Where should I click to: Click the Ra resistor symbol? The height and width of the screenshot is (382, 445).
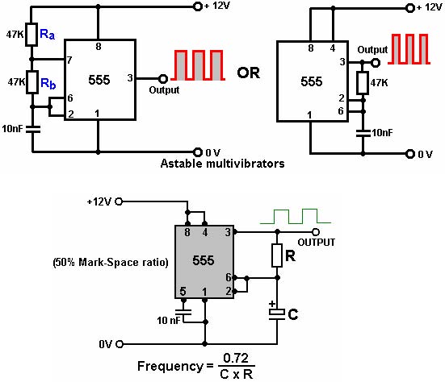coord(31,35)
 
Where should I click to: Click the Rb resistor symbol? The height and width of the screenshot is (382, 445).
coord(32,82)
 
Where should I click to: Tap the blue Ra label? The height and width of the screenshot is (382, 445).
coord(47,35)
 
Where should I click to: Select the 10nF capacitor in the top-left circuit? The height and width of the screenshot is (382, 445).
coord(33,130)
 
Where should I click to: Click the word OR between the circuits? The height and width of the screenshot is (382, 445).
coord(248,73)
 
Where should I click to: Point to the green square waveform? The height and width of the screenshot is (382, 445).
coord(296,216)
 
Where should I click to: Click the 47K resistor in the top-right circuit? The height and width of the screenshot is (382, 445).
coord(363,83)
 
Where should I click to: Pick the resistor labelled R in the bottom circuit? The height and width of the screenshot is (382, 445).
coord(277,255)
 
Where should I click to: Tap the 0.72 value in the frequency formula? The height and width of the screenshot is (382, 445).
coord(236,358)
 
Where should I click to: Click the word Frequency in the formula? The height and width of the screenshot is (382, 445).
coord(170,367)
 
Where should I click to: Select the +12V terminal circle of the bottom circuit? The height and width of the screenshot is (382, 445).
coord(120,201)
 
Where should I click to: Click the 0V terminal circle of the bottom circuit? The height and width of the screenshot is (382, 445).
coord(120,344)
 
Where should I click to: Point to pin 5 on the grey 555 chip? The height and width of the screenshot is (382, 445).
coord(183,291)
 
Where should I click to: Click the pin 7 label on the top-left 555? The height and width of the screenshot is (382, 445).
coord(69,60)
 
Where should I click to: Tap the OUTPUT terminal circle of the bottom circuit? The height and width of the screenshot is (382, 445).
coord(316,232)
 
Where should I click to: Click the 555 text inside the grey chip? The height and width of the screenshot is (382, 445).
coord(204,260)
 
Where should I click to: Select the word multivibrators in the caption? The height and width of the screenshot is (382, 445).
coord(246,164)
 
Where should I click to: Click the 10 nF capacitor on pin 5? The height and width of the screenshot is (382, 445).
coord(183,312)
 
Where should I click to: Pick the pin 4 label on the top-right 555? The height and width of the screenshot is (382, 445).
coord(333,48)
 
